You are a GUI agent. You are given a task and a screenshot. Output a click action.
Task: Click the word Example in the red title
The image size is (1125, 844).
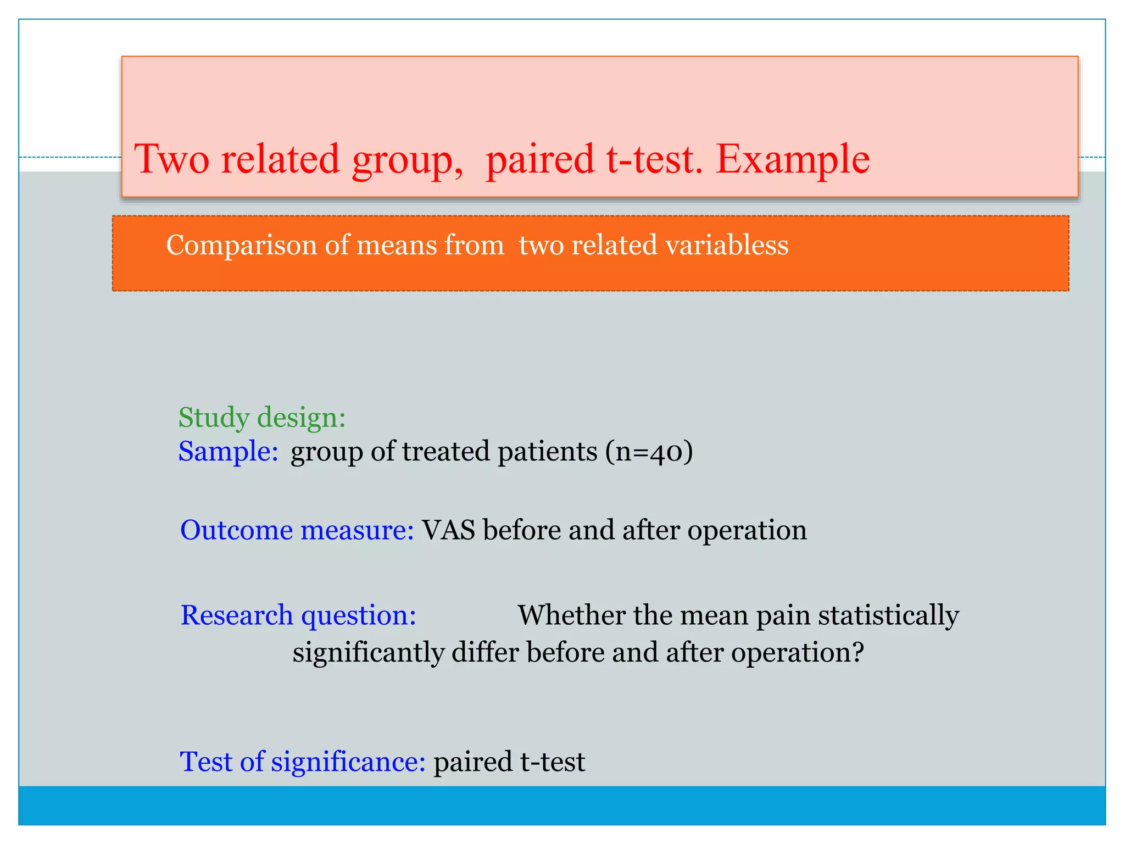[793, 160]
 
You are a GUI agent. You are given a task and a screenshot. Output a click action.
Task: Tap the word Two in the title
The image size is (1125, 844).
[172, 160]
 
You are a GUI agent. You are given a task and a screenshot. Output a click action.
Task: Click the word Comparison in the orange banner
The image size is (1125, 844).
[241, 245]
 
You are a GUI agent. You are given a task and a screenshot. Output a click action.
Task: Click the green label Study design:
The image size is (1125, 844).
[262, 418]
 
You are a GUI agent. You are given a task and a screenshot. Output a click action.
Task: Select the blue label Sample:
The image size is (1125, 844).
[229, 452]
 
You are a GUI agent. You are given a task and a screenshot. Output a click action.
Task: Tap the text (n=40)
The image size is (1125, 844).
[649, 452]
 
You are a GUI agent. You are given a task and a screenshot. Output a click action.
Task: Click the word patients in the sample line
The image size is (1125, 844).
[547, 452]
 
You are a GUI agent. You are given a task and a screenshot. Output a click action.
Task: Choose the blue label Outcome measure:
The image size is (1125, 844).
[297, 530]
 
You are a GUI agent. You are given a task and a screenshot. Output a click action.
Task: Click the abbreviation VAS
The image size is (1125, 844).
[448, 530]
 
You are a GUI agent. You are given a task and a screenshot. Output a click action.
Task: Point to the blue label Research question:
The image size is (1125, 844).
[298, 615]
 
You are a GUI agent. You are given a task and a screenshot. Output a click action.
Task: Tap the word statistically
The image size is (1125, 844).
[888, 615]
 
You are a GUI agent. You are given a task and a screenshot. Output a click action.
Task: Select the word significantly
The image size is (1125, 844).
[369, 653]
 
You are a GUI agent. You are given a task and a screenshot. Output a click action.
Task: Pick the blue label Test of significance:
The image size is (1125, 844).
[303, 762]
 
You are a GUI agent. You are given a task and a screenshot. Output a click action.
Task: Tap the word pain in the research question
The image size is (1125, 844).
[783, 616]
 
